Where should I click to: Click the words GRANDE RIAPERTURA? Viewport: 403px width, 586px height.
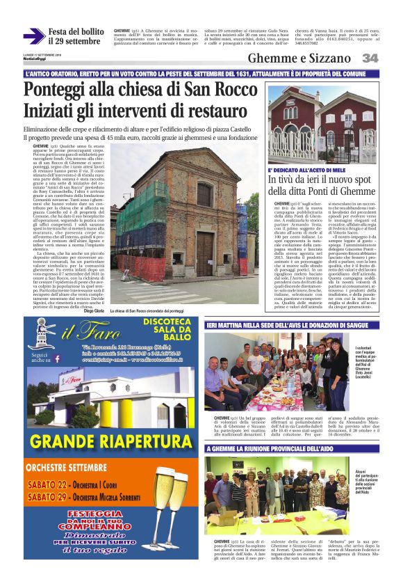[111, 441]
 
